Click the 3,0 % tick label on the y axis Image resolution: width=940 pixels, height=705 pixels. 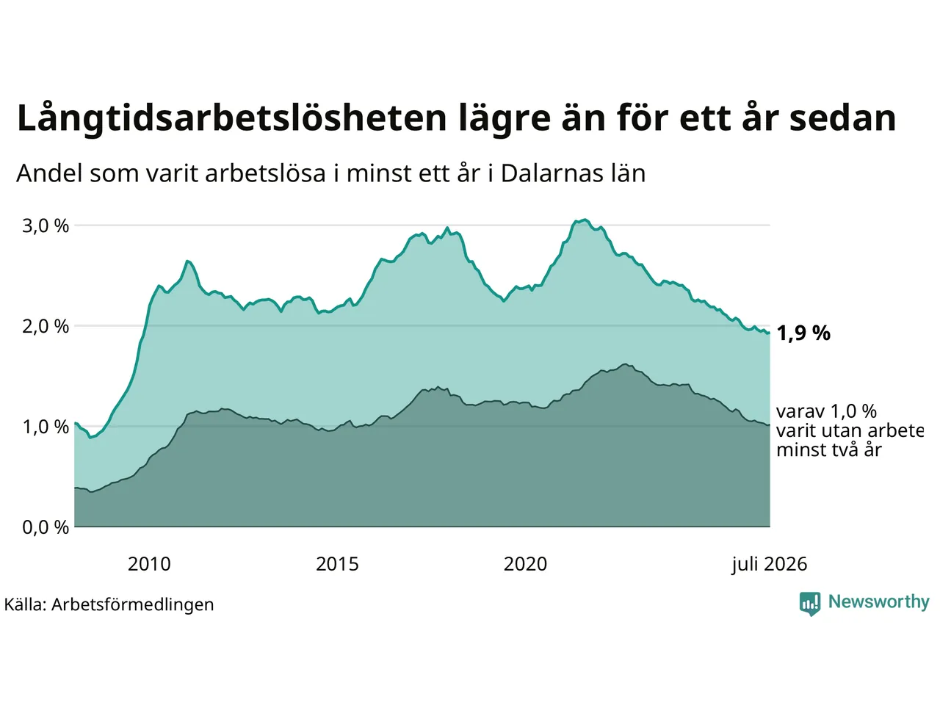point(46,225)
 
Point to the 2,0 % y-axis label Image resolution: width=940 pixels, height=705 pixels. point(46,327)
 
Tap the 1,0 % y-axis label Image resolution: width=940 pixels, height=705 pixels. point(46,427)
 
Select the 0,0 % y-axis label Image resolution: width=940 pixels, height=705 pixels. point(46,527)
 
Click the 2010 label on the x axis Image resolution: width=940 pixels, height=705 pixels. point(149,564)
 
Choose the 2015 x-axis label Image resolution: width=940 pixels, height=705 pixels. point(338,564)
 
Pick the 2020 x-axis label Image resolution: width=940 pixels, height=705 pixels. point(526,564)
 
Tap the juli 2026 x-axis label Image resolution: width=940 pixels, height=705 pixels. point(770,565)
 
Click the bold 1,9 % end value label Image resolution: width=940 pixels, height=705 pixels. point(803,333)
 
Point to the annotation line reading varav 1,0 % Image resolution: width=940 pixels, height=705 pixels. point(826,411)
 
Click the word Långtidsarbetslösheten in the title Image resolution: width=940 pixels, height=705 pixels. point(231,119)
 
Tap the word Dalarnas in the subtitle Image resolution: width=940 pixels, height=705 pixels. point(552,173)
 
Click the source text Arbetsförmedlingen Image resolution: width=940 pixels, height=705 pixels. point(133,605)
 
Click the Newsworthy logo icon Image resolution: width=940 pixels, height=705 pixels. point(810,604)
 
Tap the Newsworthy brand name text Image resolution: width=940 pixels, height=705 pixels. point(879,602)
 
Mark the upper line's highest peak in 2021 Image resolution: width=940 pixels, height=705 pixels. point(585,220)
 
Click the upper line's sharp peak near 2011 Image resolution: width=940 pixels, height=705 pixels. point(187,261)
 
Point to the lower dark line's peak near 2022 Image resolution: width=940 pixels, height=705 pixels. point(626,364)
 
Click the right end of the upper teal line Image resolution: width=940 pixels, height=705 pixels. point(770,333)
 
